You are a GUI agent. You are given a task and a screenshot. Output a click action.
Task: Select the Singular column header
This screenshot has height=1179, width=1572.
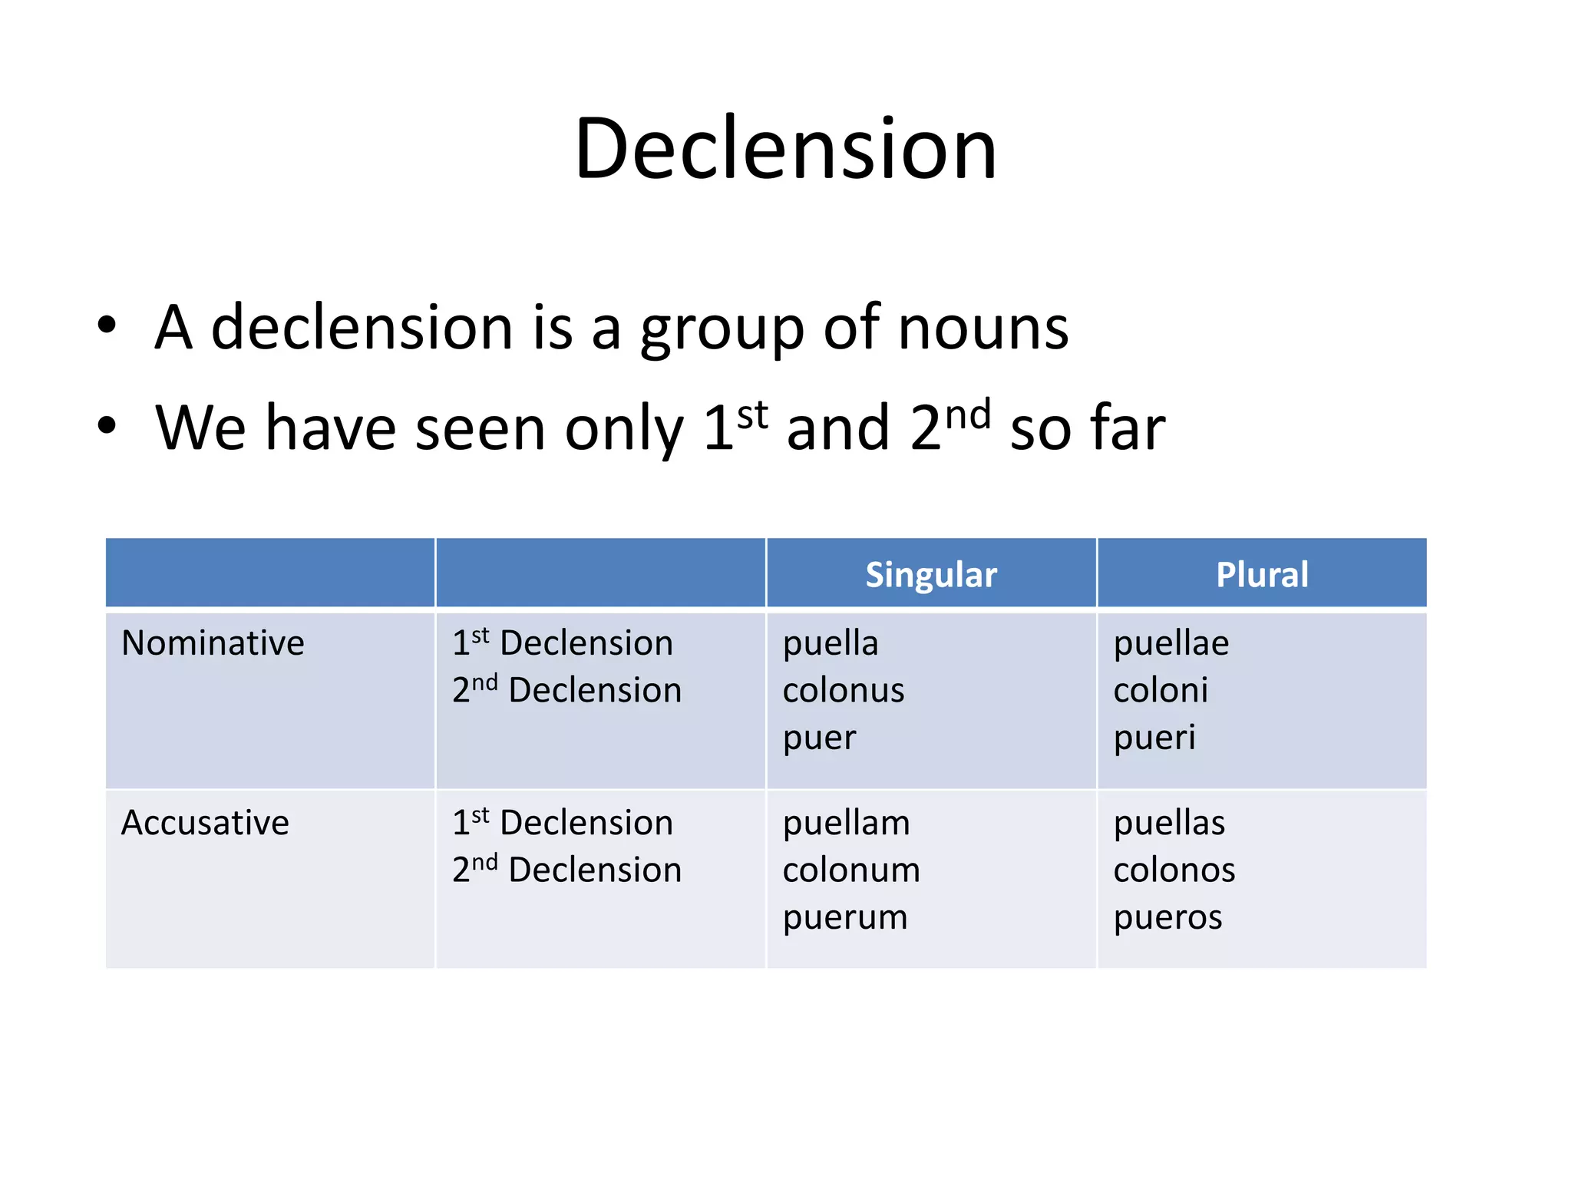(x=930, y=574)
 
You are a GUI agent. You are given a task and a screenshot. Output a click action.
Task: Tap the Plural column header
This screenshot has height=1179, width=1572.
(x=1262, y=574)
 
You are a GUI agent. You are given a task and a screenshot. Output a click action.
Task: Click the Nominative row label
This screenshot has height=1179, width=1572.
(x=213, y=643)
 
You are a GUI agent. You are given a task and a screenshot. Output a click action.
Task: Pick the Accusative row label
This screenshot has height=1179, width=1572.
(x=205, y=823)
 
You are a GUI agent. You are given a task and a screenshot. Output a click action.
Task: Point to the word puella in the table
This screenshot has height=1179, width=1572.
(x=830, y=643)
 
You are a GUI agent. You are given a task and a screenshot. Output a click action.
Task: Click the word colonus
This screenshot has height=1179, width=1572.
(x=843, y=690)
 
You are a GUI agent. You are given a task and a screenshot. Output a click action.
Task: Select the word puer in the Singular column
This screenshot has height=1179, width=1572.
(x=818, y=738)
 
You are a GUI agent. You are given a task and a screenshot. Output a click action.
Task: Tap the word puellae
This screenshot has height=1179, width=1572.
(x=1171, y=643)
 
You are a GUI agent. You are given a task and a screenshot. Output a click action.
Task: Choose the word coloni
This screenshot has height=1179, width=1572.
(x=1160, y=690)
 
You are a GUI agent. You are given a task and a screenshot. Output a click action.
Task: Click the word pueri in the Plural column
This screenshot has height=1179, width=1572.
(x=1154, y=738)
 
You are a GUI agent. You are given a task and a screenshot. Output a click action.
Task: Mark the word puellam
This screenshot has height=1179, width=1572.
(x=846, y=823)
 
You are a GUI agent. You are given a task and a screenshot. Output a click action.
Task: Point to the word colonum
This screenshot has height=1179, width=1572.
(x=850, y=870)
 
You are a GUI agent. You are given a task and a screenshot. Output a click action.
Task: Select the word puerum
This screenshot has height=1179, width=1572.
(x=844, y=917)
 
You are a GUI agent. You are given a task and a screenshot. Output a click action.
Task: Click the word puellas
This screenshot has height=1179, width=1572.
(x=1168, y=823)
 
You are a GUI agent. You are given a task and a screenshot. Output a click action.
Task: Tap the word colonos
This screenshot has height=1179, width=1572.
(x=1174, y=870)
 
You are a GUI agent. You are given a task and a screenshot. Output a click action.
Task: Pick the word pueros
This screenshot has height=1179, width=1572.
(x=1167, y=917)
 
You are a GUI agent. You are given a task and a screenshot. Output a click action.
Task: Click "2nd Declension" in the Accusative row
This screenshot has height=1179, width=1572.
(x=566, y=870)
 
